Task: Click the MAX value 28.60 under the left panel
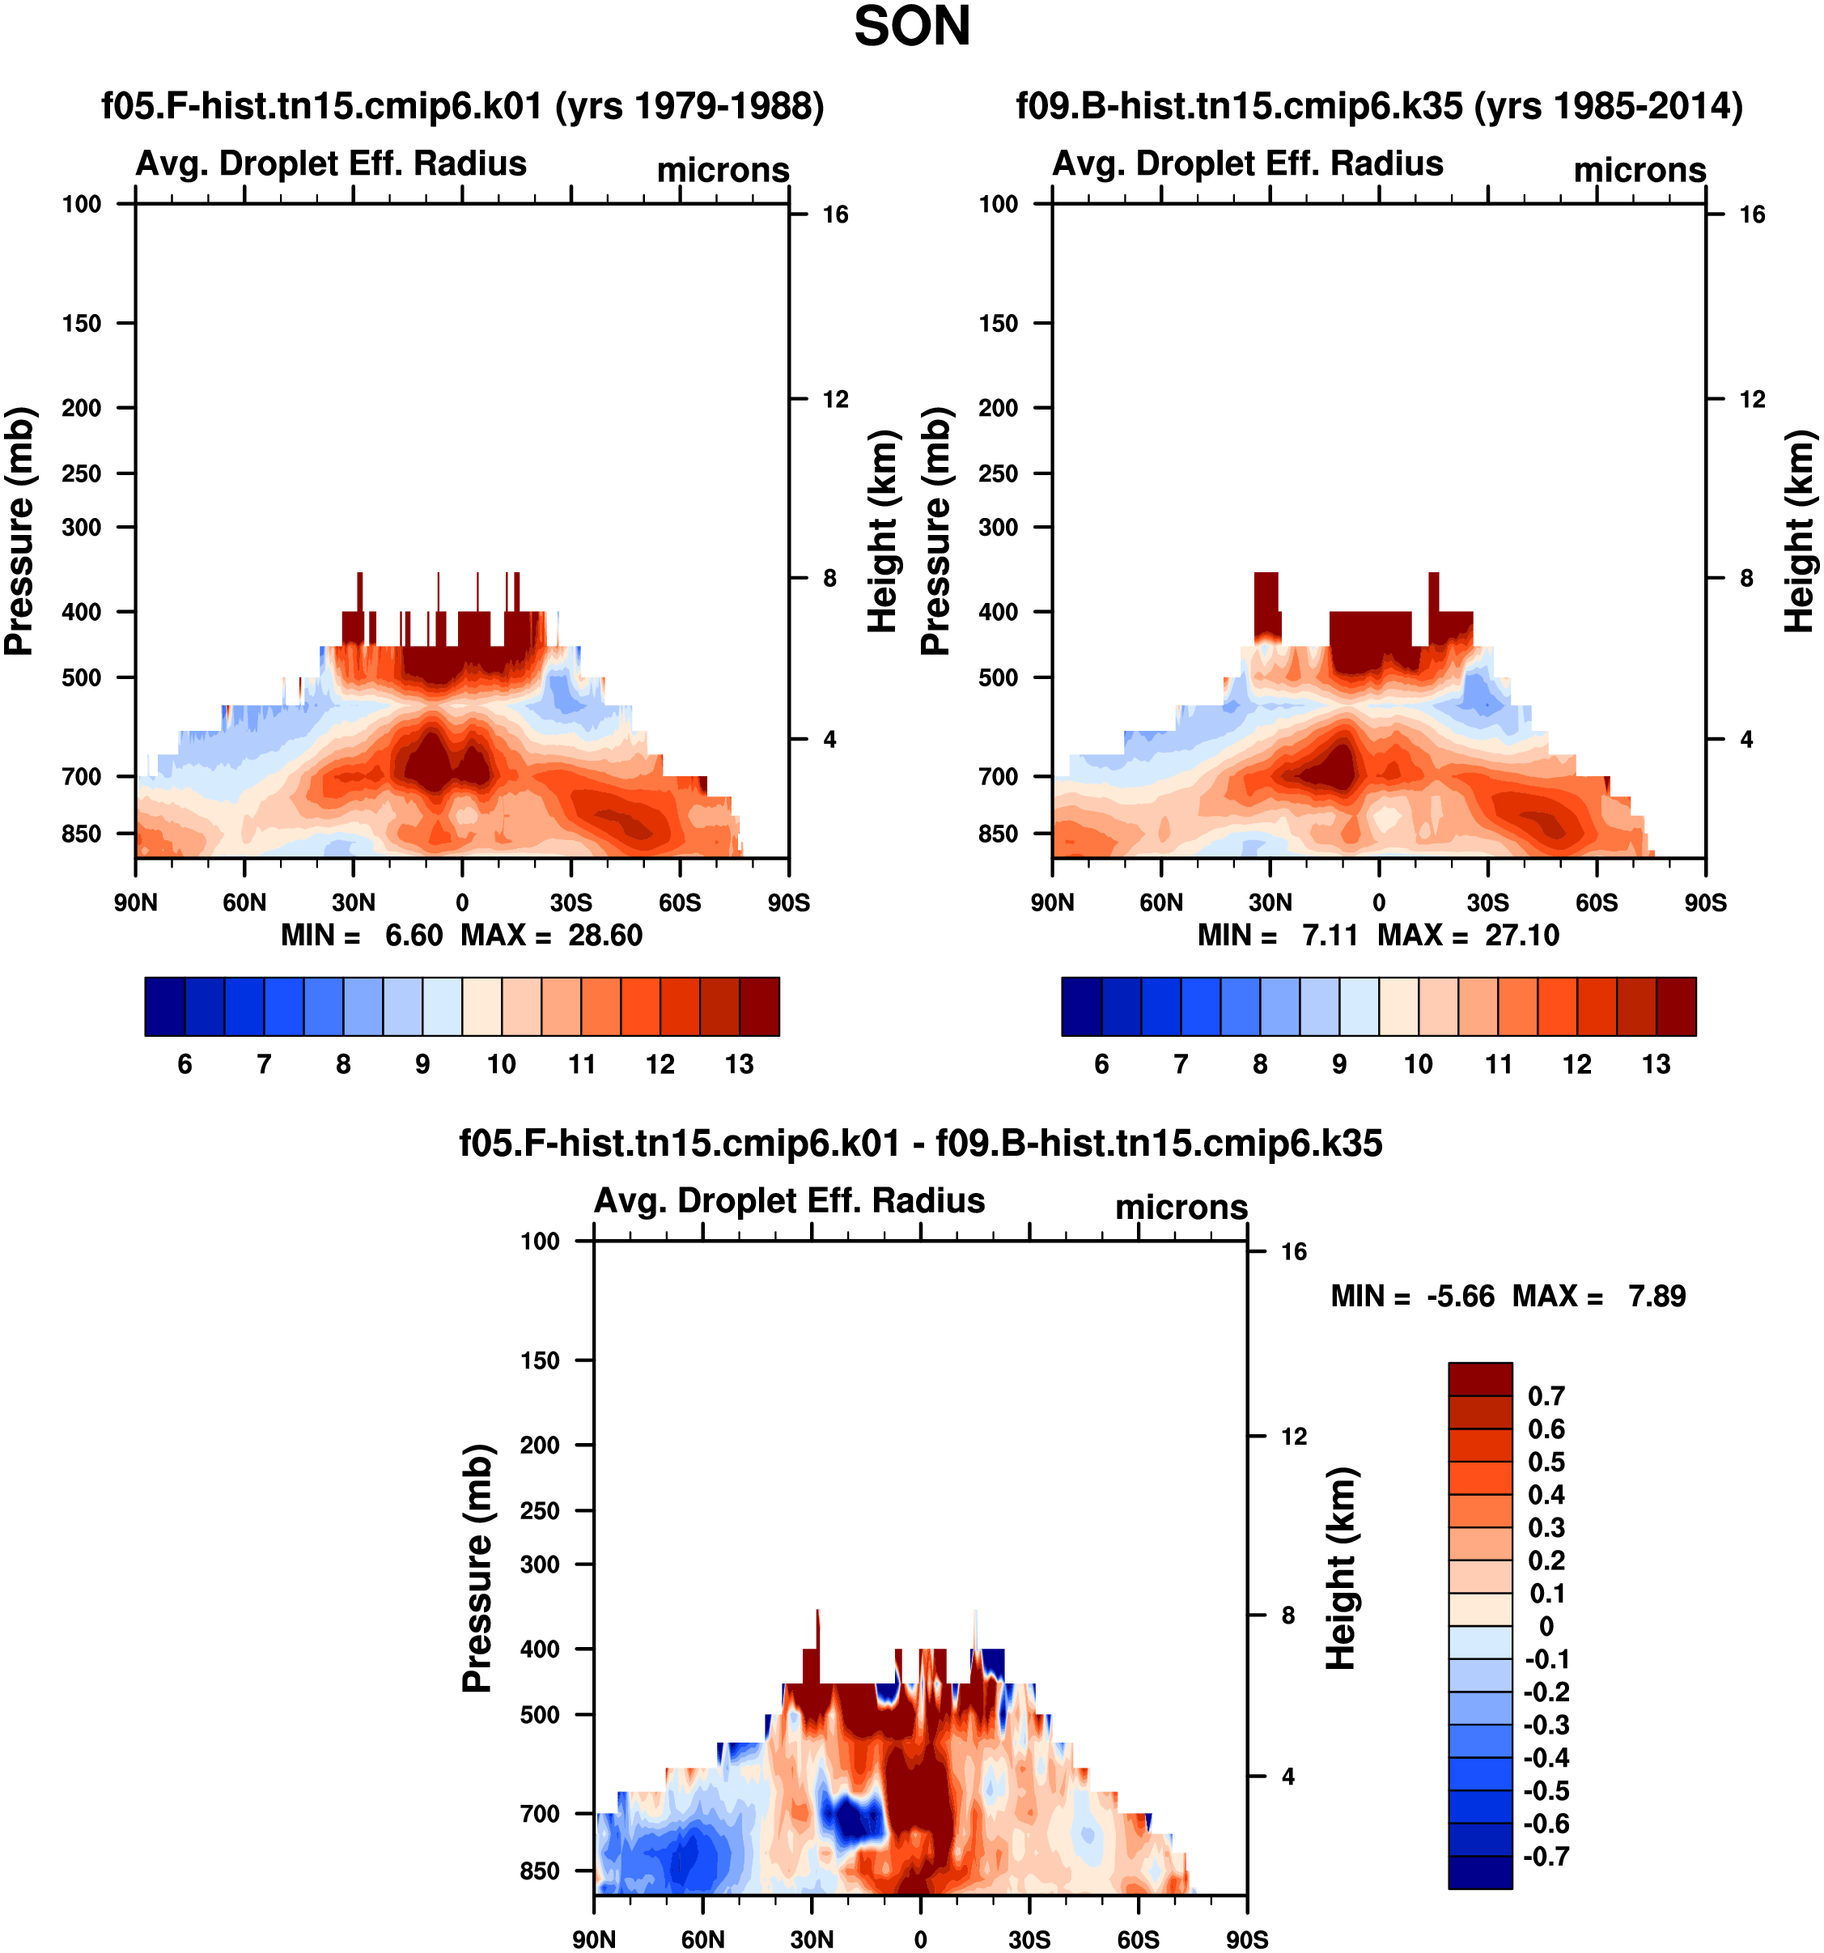605,936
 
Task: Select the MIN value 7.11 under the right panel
1330,936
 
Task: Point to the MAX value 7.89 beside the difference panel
1657,1296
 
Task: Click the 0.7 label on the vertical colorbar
1546,1396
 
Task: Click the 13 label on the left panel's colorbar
740,1064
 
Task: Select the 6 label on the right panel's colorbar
1102,1064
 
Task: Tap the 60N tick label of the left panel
244,902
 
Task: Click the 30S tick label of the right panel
1488,902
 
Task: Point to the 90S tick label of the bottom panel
1246,1939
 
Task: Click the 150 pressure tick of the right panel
998,323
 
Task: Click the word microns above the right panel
1640,170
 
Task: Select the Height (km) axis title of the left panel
884,530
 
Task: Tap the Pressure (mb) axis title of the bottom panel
477,1568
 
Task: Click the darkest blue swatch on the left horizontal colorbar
165,1006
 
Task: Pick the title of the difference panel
922,1144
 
